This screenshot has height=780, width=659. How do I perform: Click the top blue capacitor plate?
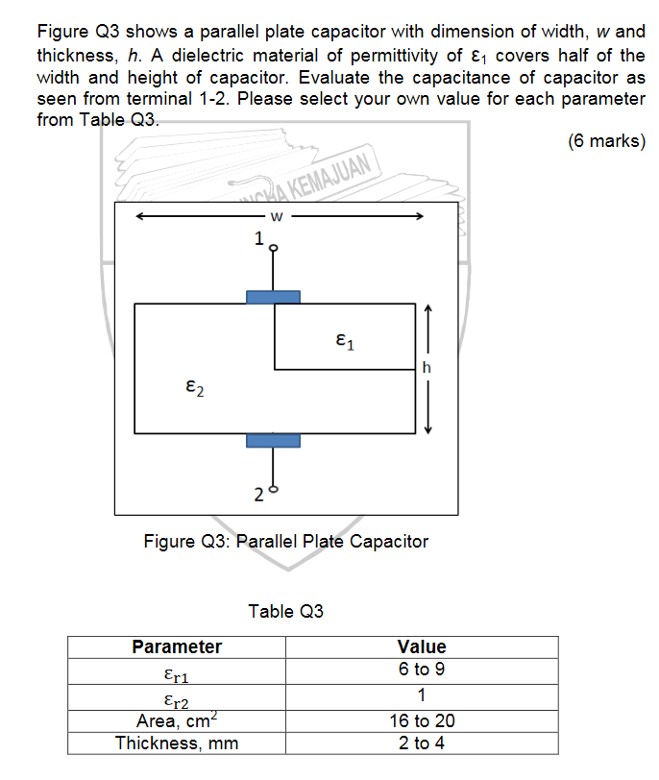click(x=273, y=297)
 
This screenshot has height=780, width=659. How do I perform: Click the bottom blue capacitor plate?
click(x=273, y=440)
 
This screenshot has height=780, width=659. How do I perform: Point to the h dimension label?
click(x=427, y=367)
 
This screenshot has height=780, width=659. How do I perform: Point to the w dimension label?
click(x=276, y=216)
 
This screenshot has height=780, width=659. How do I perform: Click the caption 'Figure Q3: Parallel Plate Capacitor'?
click(x=286, y=541)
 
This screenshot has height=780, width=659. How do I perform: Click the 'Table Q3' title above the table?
click(x=286, y=611)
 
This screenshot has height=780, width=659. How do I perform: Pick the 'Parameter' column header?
click(x=177, y=646)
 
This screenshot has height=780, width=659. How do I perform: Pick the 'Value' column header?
click(x=422, y=646)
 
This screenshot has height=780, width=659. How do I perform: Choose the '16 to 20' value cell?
click(x=422, y=719)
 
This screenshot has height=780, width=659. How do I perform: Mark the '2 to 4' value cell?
click(x=422, y=743)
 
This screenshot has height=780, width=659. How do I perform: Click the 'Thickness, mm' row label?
click(x=177, y=743)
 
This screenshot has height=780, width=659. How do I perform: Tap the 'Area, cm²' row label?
click(x=177, y=719)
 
